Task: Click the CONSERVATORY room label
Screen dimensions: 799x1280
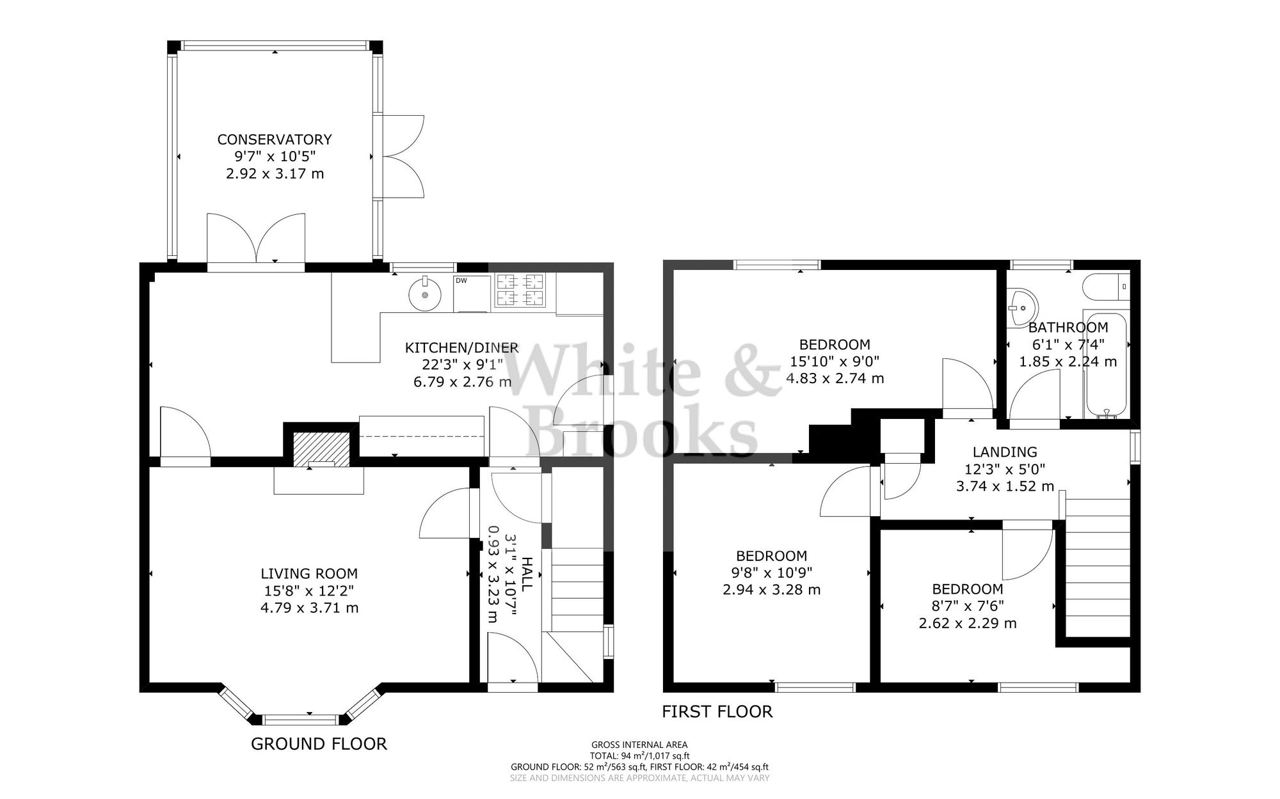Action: [x=275, y=139]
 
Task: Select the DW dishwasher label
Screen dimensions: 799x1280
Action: [x=461, y=280]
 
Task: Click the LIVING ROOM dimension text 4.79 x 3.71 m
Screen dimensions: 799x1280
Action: [x=309, y=608]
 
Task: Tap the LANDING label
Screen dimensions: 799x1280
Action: [x=1004, y=452]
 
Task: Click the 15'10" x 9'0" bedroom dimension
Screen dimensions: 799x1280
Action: [x=835, y=361]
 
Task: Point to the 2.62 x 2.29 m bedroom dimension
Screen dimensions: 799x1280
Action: [x=967, y=623]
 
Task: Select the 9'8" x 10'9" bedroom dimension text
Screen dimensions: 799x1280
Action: [x=771, y=573]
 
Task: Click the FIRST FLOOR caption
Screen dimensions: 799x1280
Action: [x=717, y=711]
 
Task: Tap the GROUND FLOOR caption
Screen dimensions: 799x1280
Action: [x=319, y=744]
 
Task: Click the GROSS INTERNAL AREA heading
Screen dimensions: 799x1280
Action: [x=639, y=745]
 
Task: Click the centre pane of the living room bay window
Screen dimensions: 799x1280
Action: [x=301, y=720]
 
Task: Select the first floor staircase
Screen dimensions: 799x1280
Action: [x=1098, y=569]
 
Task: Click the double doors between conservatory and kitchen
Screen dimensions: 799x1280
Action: [x=256, y=240]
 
